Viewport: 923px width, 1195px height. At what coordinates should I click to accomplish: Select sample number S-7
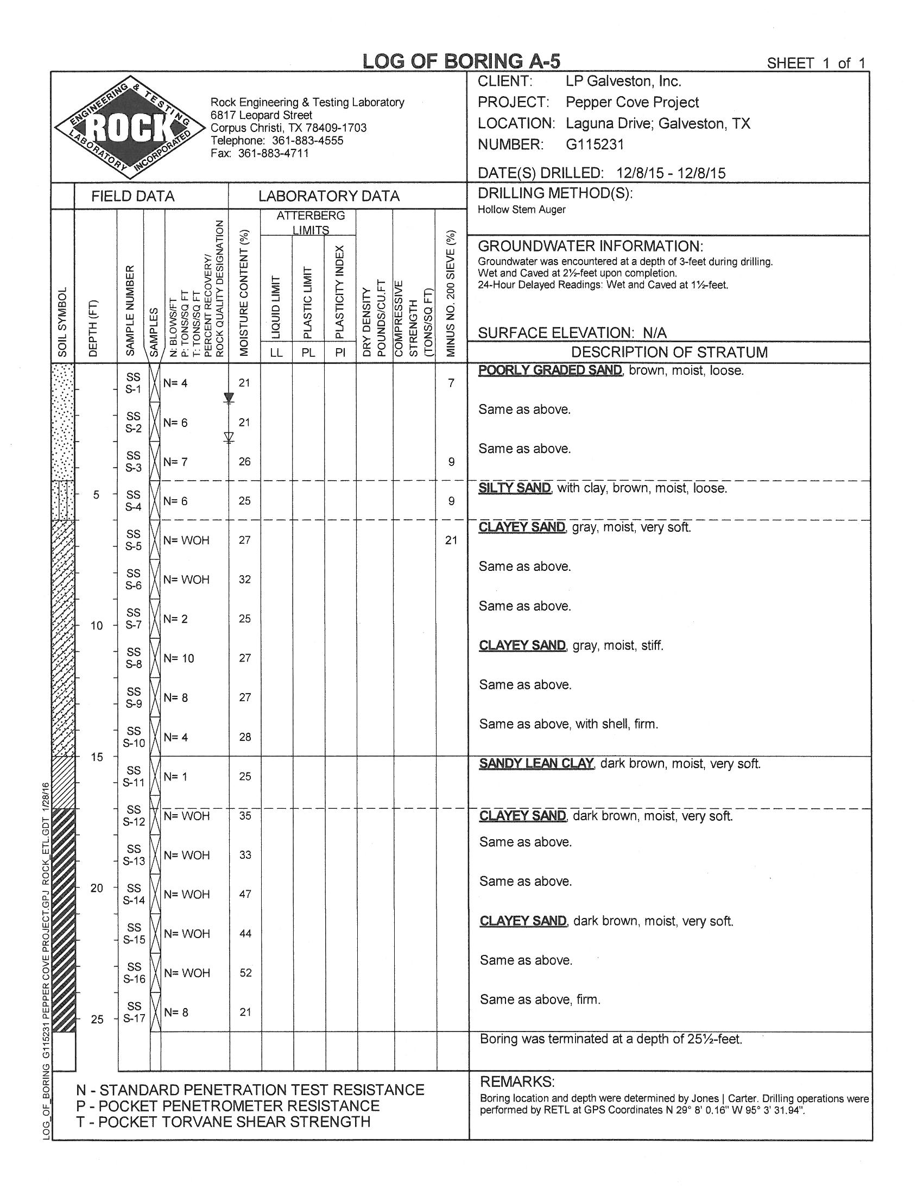click(x=134, y=619)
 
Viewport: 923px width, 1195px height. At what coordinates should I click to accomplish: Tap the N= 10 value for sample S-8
click(x=179, y=658)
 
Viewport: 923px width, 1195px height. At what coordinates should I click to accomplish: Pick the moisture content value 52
click(x=245, y=972)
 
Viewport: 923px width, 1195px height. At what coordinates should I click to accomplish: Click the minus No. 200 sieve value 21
click(x=451, y=540)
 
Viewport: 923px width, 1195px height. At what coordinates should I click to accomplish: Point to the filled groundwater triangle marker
click(x=229, y=397)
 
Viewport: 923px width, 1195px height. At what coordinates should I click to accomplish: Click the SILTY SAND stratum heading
click(x=515, y=488)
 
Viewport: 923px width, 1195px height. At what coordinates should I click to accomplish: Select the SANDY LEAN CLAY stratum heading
click(x=536, y=763)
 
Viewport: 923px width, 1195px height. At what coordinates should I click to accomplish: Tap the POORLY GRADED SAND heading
click(x=550, y=370)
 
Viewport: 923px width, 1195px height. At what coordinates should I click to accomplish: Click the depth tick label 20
click(x=97, y=888)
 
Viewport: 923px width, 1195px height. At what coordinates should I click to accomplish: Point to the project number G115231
click(x=595, y=144)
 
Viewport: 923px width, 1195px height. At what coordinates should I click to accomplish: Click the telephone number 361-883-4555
click(x=307, y=141)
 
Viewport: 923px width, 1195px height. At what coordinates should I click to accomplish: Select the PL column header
click(x=308, y=353)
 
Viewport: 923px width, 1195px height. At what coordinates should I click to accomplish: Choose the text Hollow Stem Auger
click(x=521, y=210)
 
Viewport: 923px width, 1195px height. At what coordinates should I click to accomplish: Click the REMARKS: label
click(x=517, y=1081)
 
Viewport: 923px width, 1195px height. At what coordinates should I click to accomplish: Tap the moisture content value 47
click(x=245, y=894)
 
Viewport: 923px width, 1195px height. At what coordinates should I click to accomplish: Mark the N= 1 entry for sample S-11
click(x=175, y=776)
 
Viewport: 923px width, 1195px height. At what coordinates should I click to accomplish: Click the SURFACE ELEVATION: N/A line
click(x=572, y=332)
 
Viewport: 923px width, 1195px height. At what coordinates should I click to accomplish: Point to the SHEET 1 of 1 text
click(x=816, y=64)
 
